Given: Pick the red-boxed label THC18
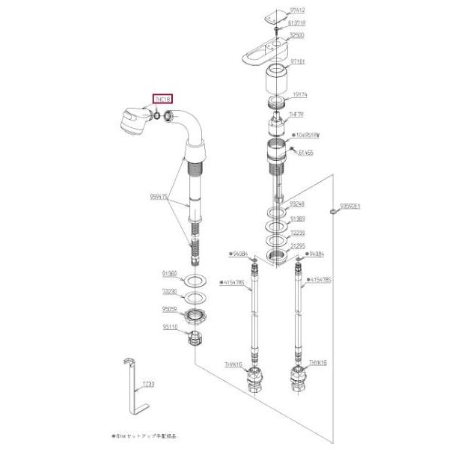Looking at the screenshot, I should click(x=162, y=99).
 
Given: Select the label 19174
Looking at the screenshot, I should click(x=299, y=96).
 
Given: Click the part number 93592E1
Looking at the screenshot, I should click(x=350, y=205).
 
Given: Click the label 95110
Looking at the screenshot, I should click(x=171, y=326).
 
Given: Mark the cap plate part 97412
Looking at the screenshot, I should click(x=278, y=13).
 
